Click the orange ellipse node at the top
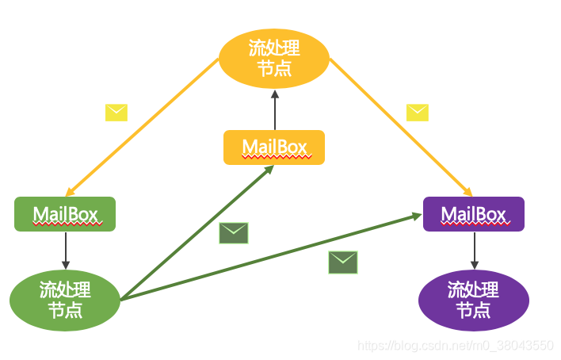click(x=273, y=59)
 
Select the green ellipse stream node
click(x=65, y=299)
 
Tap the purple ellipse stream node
click(x=473, y=299)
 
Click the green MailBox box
click(x=65, y=214)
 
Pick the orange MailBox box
click(x=274, y=147)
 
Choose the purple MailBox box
click(x=473, y=214)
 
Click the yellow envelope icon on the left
click(x=116, y=113)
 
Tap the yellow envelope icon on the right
click(x=417, y=113)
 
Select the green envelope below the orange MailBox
click(x=234, y=233)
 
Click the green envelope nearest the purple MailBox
click(x=343, y=262)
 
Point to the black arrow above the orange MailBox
click(x=274, y=109)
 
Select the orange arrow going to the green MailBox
click(x=143, y=127)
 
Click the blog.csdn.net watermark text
click(x=456, y=345)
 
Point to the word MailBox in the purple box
click(x=473, y=214)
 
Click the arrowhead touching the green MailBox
click(x=71, y=193)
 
